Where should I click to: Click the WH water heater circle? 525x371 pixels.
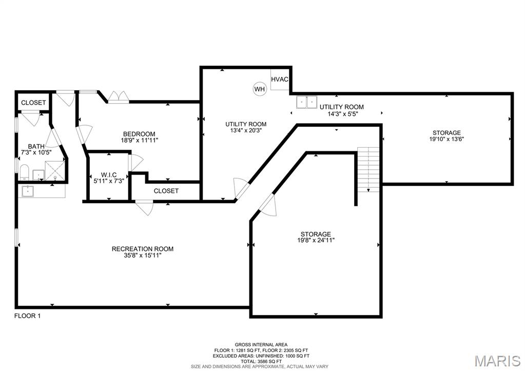pyautogui.click(x=260, y=89)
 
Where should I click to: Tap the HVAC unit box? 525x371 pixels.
pyautogui.click(x=280, y=80)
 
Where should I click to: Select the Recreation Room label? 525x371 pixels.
pyautogui.click(x=143, y=249)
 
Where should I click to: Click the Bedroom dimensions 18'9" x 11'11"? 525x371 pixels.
pyautogui.click(x=139, y=140)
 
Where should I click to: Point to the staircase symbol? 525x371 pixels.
pyautogui.click(x=368, y=169)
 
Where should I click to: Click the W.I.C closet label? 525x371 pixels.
pyautogui.click(x=109, y=175)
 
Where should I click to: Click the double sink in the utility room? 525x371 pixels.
pyautogui.click(x=306, y=102)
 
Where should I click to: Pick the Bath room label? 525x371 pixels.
pyautogui.click(x=36, y=146)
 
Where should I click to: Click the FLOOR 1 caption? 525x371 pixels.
pyautogui.click(x=27, y=316)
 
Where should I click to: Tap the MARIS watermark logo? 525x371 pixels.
pyautogui.click(x=498, y=361)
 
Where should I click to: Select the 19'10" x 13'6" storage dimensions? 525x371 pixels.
pyautogui.click(x=446, y=139)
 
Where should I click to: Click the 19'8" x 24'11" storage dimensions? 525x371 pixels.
pyautogui.click(x=316, y=240)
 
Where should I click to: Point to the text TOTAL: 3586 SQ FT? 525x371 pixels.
pyautogui.click(x=261, y=362)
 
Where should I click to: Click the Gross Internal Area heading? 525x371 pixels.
pyautogui.click(x=261, y=344)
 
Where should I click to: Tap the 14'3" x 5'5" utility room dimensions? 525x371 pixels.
pyautogui.click(x=341, y=113)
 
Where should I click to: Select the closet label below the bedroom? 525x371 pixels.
pyautogui.click(x=166, y=191)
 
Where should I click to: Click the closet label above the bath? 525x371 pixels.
pyautogui.click(x=33, y=103)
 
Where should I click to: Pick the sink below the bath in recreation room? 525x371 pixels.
pyautogui.click(x=28, y=191)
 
